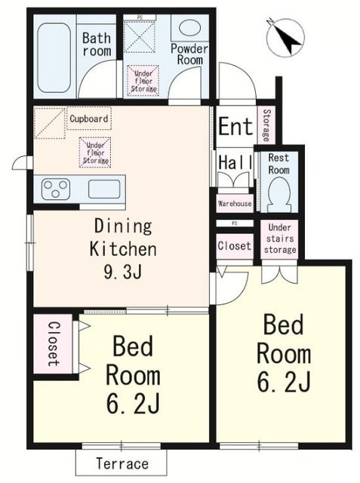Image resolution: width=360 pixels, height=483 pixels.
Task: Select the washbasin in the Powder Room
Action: [x=189, y=28]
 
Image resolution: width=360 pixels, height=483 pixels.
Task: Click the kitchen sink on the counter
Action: [x=104, y=189]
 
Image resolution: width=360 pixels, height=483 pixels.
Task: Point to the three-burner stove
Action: [x=56, y=189]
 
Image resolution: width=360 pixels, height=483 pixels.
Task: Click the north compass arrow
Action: [x=285, y=37]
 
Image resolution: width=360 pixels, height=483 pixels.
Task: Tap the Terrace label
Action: [x=122, y=463]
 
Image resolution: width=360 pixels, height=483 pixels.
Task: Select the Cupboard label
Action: [x=89, y=118]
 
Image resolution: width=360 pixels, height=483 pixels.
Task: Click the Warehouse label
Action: [x=235, y=204]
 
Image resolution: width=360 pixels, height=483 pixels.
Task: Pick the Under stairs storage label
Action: [x=280, y=238]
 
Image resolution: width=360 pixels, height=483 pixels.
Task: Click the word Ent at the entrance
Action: [x=235, y=126]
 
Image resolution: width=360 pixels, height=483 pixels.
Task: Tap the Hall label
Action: [x=235, y=162]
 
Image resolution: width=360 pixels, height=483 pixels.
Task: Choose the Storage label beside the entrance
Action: [x=266, y=125]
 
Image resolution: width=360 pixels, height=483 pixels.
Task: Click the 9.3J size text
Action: [x=123, y=272]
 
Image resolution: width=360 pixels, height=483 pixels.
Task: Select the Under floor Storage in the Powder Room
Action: [x=143, y=81]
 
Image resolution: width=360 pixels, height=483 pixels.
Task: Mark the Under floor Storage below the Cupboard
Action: [x=95, y=152]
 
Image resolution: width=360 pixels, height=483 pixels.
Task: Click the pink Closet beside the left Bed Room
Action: [x=54, y=344]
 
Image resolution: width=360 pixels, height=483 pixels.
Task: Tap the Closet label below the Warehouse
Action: [x=235, y=246]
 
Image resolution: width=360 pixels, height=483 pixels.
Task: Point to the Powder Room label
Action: [x=189, y=54]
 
